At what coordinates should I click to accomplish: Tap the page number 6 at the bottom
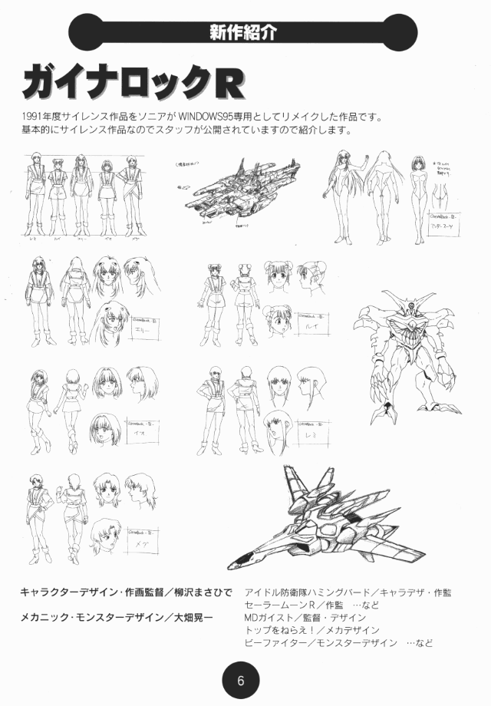click(x=240, y=680)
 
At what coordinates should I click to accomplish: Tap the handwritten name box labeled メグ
click(x=147, y=536)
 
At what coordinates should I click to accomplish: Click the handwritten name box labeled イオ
click(x=147, y=427)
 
